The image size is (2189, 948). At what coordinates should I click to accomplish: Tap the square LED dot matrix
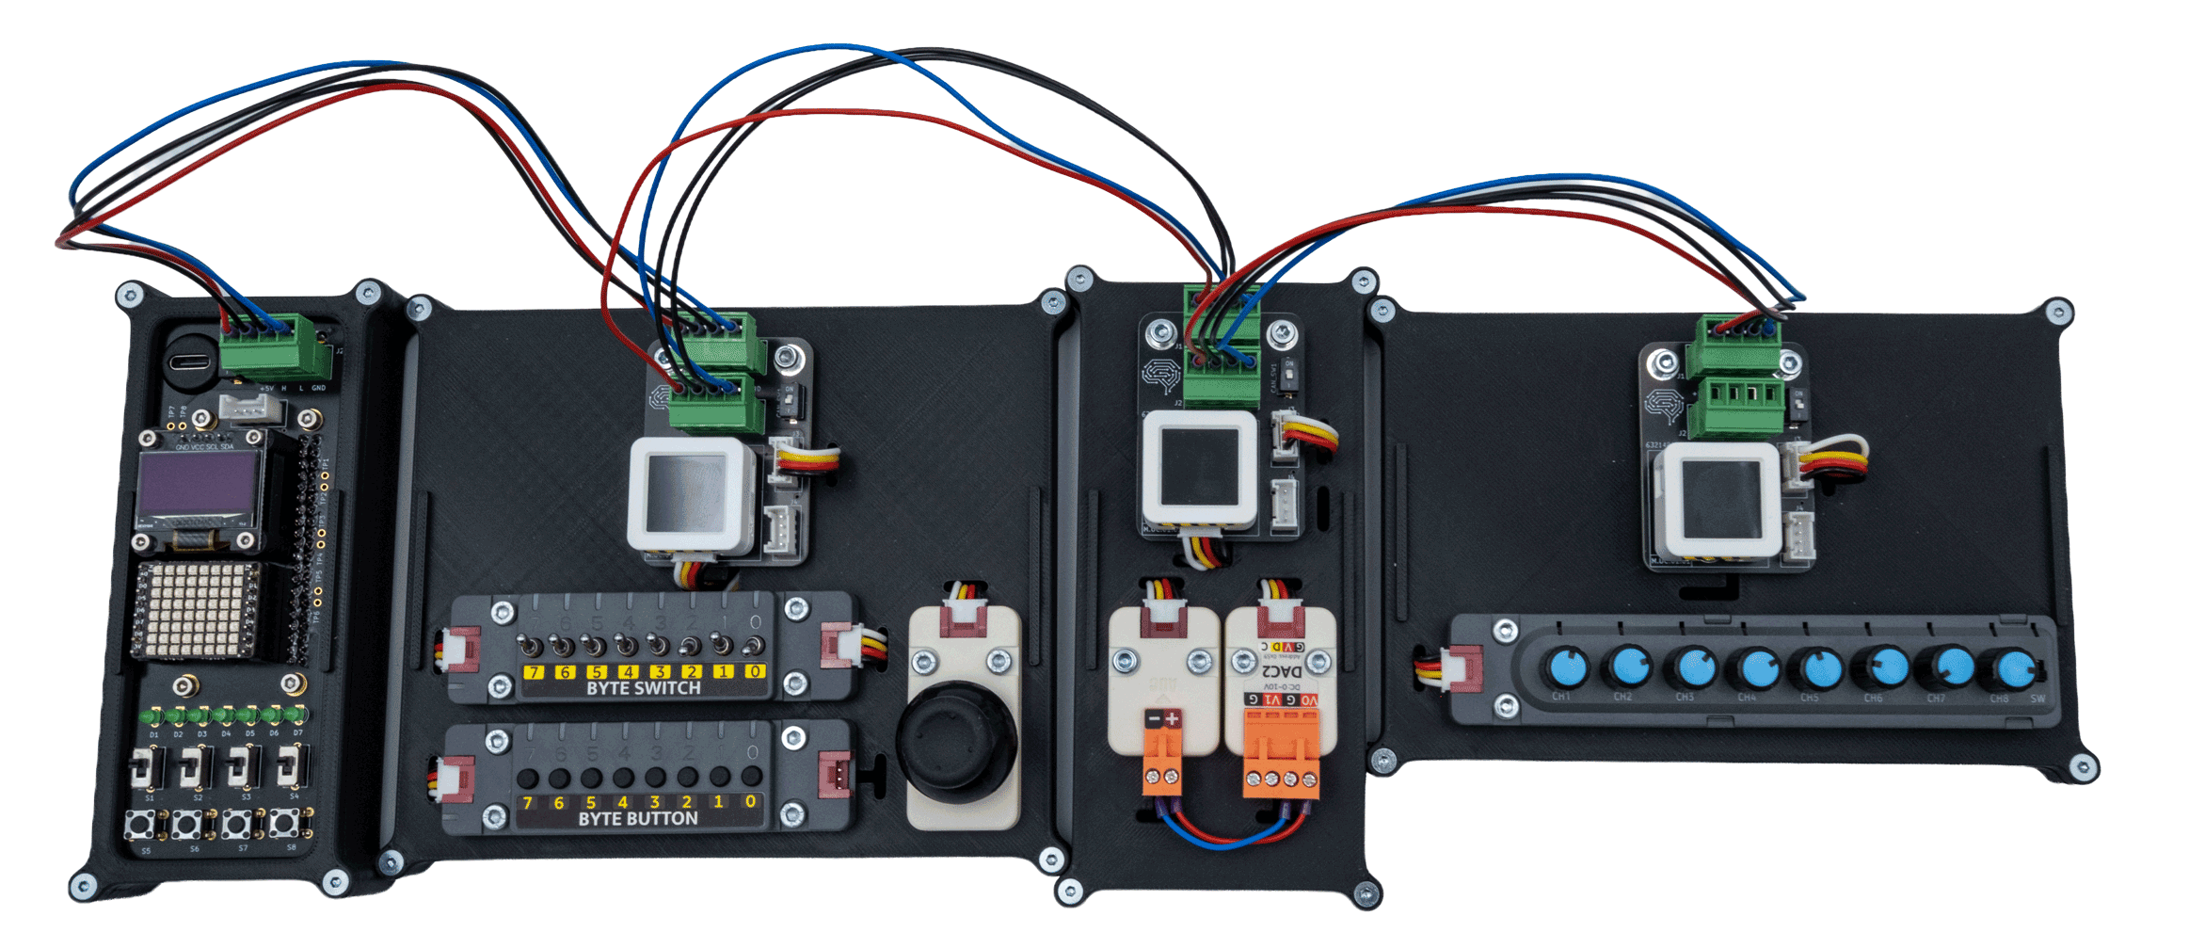coord(196,610)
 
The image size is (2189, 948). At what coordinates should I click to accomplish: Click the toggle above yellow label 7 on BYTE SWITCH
coord(532,648)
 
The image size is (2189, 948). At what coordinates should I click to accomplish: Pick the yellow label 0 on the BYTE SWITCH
coord(755,671)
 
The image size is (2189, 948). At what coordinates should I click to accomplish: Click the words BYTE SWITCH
coord(644,688)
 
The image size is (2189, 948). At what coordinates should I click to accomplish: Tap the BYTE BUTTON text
coord(638,819)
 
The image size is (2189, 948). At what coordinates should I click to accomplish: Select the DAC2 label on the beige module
coord(1282,671)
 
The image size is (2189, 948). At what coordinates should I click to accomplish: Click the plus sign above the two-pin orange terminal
coord(1172,719)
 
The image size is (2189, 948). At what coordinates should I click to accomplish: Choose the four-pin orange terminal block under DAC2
coord(1281,753)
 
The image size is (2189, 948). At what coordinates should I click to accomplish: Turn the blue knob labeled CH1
coord(1566,668)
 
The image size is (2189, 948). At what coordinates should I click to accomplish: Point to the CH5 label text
coord(1810,699)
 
